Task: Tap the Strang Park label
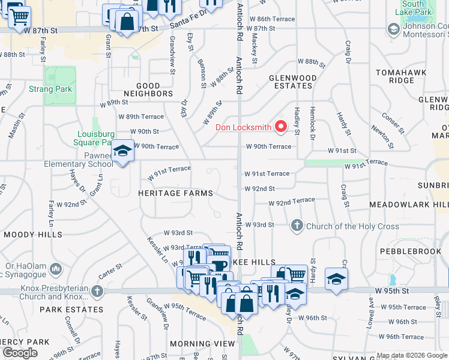50,89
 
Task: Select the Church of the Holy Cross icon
297,226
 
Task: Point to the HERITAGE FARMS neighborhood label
175,193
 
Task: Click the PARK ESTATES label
71,310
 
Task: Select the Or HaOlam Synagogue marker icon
56,268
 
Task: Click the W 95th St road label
392,291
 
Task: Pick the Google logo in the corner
20,353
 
